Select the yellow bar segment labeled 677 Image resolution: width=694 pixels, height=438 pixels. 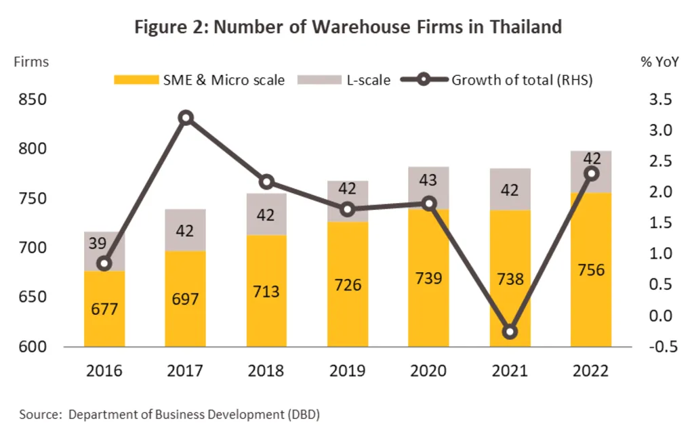104,309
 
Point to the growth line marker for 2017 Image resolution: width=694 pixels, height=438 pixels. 186,118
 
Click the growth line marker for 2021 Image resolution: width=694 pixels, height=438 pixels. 510,332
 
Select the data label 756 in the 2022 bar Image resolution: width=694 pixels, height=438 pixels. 590,270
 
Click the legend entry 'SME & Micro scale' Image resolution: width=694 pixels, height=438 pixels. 199,80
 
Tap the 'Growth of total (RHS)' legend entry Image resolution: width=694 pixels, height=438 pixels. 498,80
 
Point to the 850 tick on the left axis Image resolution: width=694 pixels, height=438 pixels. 31,100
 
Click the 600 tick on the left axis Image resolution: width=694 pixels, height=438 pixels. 31,347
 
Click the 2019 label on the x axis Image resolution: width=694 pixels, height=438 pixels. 347,371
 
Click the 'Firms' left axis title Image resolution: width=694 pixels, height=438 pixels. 31,62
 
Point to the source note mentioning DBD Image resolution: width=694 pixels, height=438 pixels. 169,414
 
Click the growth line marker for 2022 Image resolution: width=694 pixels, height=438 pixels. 591,173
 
